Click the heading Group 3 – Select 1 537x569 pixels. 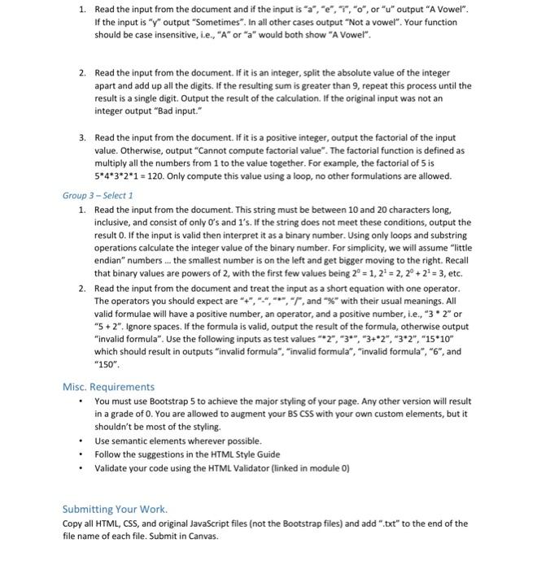click(98, 196)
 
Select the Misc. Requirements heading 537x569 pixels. click(108, 387)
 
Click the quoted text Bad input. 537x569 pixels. click(200, 111)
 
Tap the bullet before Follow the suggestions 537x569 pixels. click(81, 454)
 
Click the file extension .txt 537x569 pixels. click(380, 523)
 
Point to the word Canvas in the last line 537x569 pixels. click(196, 536)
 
